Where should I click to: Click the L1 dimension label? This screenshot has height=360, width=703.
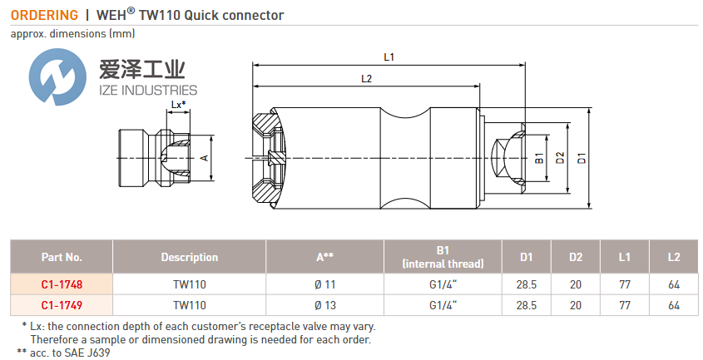coord(389,57)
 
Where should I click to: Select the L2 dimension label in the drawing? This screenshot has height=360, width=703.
coord(367,78)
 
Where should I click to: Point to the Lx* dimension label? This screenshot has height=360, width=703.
coord(177,105)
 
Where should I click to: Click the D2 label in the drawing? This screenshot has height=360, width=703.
coord(560,156)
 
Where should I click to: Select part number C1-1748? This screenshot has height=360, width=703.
coord(62,284)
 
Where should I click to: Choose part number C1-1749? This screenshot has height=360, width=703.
coord(62,305)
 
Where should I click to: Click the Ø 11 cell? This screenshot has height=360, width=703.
coord(324,284)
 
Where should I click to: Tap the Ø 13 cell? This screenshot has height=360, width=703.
coord(324,305)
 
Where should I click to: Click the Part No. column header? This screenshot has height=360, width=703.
coord(62,257)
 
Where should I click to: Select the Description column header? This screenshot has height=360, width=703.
coord(190,257)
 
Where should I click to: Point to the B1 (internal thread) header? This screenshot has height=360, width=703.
coord(443,257)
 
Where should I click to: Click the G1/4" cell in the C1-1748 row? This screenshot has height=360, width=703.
coord(443,284)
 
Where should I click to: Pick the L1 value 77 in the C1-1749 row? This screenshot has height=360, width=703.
coord(625,305)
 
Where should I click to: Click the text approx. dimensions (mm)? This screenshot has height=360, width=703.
coord(72,33)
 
